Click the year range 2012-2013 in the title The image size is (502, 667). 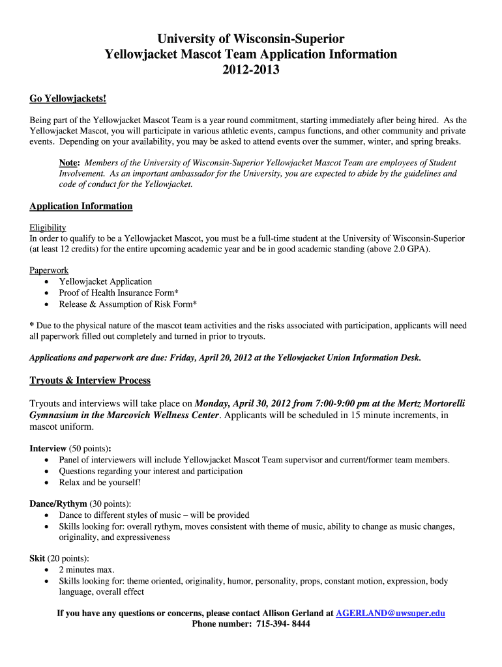[x=251, y=70]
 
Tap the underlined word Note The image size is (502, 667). [x=69, y=163]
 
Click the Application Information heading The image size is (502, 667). [x=81, y=206]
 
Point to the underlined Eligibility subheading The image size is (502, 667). [x=48, y=227]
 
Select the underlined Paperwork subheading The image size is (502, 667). [x=49, y=270]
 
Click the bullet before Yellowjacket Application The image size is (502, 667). [x=46, y=282]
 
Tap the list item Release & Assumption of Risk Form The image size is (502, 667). [x=128, y=304]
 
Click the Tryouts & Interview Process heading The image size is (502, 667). [x=90, y=380]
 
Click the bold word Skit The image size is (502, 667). [x=37, y=558]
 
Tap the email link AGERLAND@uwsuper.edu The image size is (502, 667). [x=390, y=613]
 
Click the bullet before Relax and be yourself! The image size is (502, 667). [x=46, y=483]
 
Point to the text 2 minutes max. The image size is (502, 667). [x=87, y=570]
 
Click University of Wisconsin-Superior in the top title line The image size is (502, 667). [x=251, y=39]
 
